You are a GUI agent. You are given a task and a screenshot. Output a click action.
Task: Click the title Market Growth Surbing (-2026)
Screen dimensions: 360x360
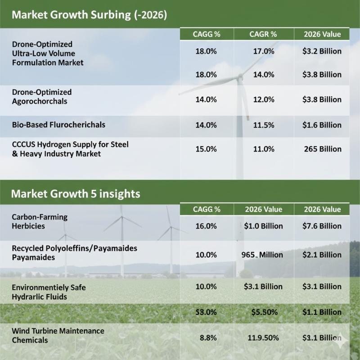89,14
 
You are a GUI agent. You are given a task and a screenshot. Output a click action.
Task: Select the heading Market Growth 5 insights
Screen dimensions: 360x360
75,194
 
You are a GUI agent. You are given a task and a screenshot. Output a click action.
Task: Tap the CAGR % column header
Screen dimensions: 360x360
263,34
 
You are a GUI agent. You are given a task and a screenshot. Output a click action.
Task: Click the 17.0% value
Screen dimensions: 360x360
263,51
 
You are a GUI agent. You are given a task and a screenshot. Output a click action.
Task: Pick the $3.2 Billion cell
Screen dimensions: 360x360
322,51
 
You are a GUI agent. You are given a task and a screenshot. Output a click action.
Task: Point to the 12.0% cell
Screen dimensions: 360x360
263,99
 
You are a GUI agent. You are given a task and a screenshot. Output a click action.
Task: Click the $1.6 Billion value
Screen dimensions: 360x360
322,126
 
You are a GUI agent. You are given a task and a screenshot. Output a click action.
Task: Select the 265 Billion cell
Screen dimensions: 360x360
323,149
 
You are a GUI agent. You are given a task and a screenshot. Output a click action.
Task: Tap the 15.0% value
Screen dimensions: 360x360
207,149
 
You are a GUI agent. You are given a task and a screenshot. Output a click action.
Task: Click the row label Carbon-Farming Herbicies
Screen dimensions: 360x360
40,221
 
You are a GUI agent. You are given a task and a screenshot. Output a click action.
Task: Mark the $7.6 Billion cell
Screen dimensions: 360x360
322,226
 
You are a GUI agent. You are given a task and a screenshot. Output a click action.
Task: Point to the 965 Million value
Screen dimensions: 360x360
262,255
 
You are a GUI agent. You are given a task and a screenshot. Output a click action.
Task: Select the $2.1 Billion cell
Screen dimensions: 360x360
322,255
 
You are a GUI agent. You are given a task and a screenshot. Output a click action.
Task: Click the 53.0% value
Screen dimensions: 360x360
207,312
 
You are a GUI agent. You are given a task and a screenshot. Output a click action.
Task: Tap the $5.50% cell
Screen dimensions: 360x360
264,312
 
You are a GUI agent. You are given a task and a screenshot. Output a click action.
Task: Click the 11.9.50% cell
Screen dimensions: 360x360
263,337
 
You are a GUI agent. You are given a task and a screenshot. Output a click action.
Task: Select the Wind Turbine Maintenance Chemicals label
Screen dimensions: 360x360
58,336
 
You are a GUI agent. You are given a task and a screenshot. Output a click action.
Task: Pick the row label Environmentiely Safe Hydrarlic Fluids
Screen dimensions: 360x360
49,292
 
